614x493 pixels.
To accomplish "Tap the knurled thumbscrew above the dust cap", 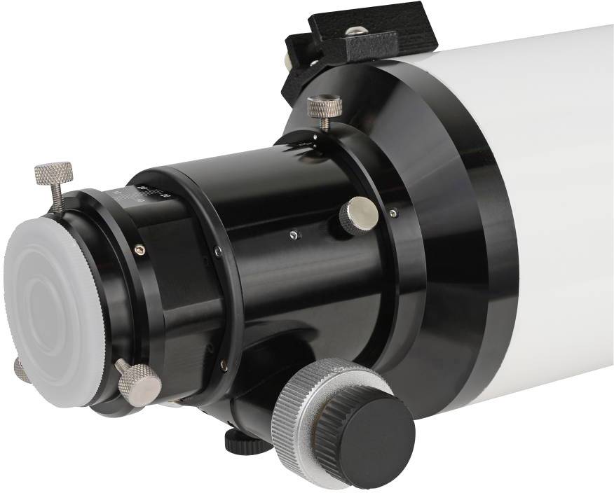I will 54,172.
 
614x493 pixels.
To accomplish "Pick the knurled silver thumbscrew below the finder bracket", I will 325,107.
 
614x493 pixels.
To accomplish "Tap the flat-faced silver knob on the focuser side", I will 359,214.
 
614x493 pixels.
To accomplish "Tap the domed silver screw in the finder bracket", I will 356,30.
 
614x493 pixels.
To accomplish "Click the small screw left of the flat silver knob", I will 296,235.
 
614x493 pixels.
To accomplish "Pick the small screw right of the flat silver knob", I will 393,212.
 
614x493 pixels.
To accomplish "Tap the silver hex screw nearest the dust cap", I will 140,248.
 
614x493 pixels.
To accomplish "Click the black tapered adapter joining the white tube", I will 449,231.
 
